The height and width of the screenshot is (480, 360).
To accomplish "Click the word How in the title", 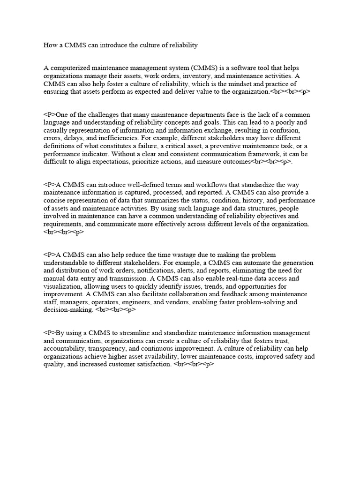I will click(x=50, y=45).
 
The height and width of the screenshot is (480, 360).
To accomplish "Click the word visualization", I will click(x=63, y=286).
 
